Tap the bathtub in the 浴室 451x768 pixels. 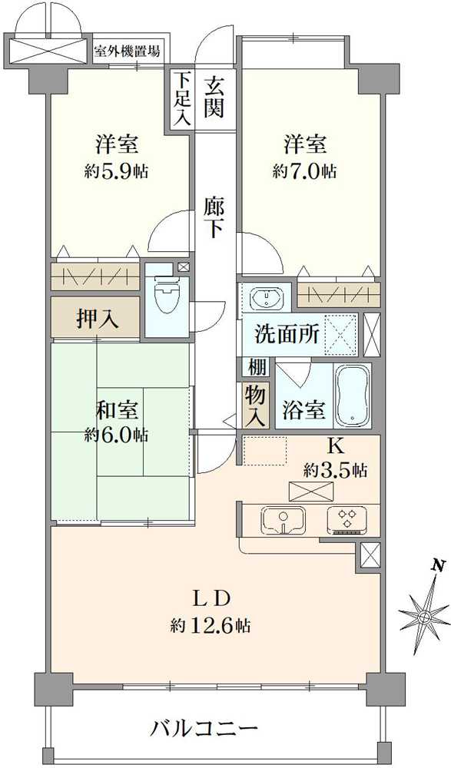click(353, 396)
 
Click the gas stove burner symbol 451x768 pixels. click(347, 520)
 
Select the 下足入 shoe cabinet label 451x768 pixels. click(181, 98)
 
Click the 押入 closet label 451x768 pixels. click(97, 319)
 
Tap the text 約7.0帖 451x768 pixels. click(304, 170)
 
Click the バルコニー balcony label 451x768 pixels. click(203, 727)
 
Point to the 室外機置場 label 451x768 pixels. click(127, 52)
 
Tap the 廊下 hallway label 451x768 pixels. click(214, 217)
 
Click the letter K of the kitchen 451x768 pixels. click(335, 445)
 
